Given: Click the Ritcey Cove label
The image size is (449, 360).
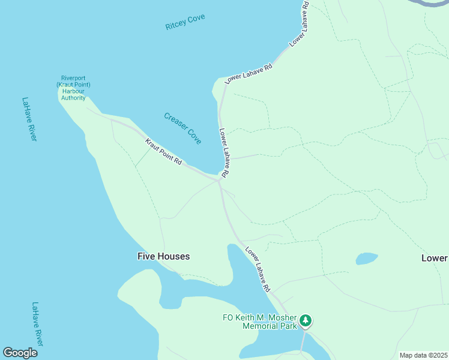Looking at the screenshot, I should click(x=185, y=23).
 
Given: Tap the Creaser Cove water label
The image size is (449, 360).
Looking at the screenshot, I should click(x=182, y=128).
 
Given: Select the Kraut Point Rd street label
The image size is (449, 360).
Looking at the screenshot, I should click(x=163, y=152).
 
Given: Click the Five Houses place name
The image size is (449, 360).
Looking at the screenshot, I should click(x=163, y=256).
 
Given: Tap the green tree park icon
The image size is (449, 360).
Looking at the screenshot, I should click(x=306, y=321).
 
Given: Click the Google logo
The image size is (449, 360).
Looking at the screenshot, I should click(x=20, y=353).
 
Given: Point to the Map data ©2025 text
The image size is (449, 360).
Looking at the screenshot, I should click(x=423, y=355).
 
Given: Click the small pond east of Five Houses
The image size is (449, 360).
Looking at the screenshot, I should click(x=366, y=259).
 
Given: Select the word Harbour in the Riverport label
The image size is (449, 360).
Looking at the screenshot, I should click(x=75, y=91).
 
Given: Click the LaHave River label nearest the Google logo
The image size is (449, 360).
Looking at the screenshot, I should click(x=38, y=324).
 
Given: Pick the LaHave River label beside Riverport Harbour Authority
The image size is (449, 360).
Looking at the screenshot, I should click(x=29, y=119).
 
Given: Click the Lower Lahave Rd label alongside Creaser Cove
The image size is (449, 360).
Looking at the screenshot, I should click(x=223, y=153).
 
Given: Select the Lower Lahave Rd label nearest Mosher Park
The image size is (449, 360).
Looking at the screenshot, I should click(x=258, y=270).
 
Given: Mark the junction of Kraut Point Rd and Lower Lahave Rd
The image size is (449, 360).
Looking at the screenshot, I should click(x=219, y=179).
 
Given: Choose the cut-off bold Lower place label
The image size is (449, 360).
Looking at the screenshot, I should click(x=434, y=258).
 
